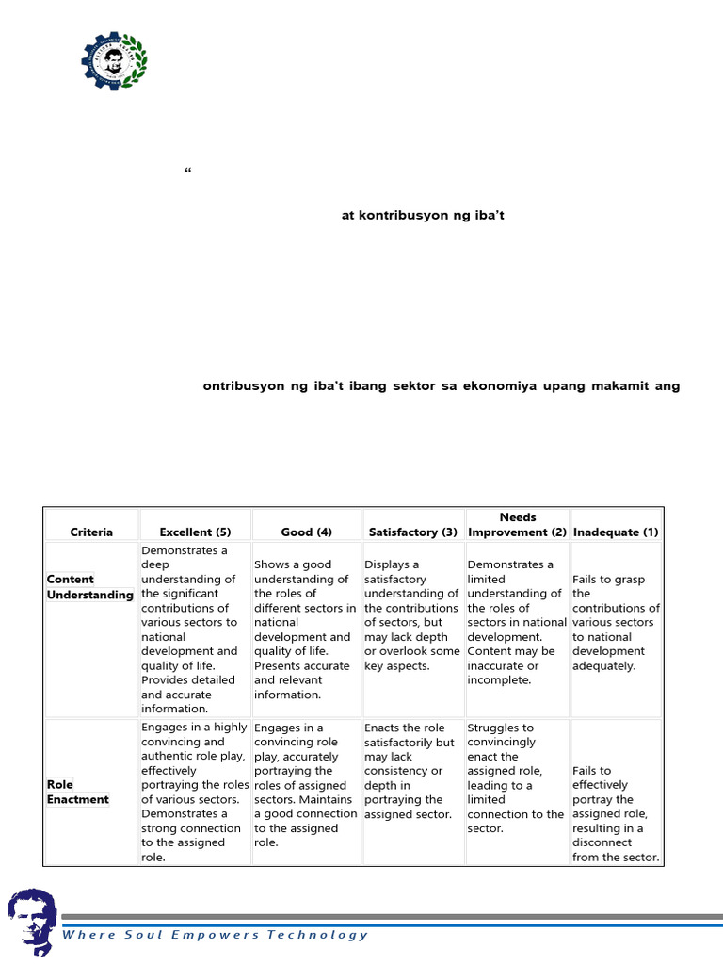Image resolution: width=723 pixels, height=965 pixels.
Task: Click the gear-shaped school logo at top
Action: (x=114, y=58)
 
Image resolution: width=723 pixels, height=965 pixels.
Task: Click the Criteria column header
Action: (x=91, y=532)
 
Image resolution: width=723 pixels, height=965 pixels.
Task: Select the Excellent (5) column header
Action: (x=195, y=532)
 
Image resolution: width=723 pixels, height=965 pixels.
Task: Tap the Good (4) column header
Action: (x=307, y=532)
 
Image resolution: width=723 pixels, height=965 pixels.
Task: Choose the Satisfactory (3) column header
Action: (x=413, y=532)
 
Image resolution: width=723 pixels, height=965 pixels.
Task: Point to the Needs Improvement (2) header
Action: (x=518, y=525)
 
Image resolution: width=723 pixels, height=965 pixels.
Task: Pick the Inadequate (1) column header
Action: (x=616, y=532)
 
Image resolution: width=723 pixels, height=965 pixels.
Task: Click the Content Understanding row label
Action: (x=90, y=587)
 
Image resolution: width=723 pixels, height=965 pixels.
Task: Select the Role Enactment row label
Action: (x=78, y=792)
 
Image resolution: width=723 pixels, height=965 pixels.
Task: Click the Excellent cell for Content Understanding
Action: (x=195, y=629)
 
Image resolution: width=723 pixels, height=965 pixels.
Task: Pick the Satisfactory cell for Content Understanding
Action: (x=412, y=614)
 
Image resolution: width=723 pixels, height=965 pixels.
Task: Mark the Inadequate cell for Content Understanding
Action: (x=616, y=622)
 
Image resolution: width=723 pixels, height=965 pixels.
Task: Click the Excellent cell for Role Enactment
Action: (x=195, y=793)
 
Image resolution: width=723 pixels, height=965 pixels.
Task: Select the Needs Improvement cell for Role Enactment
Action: (x=516, y=778)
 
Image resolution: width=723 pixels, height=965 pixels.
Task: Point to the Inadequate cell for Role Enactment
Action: (x=616, y=814)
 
